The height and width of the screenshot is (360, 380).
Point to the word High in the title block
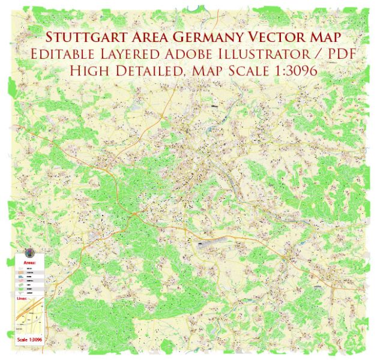[89, 71]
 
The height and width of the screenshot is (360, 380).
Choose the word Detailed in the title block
[144, 71]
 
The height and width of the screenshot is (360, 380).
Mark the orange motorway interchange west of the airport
[137, 213]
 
